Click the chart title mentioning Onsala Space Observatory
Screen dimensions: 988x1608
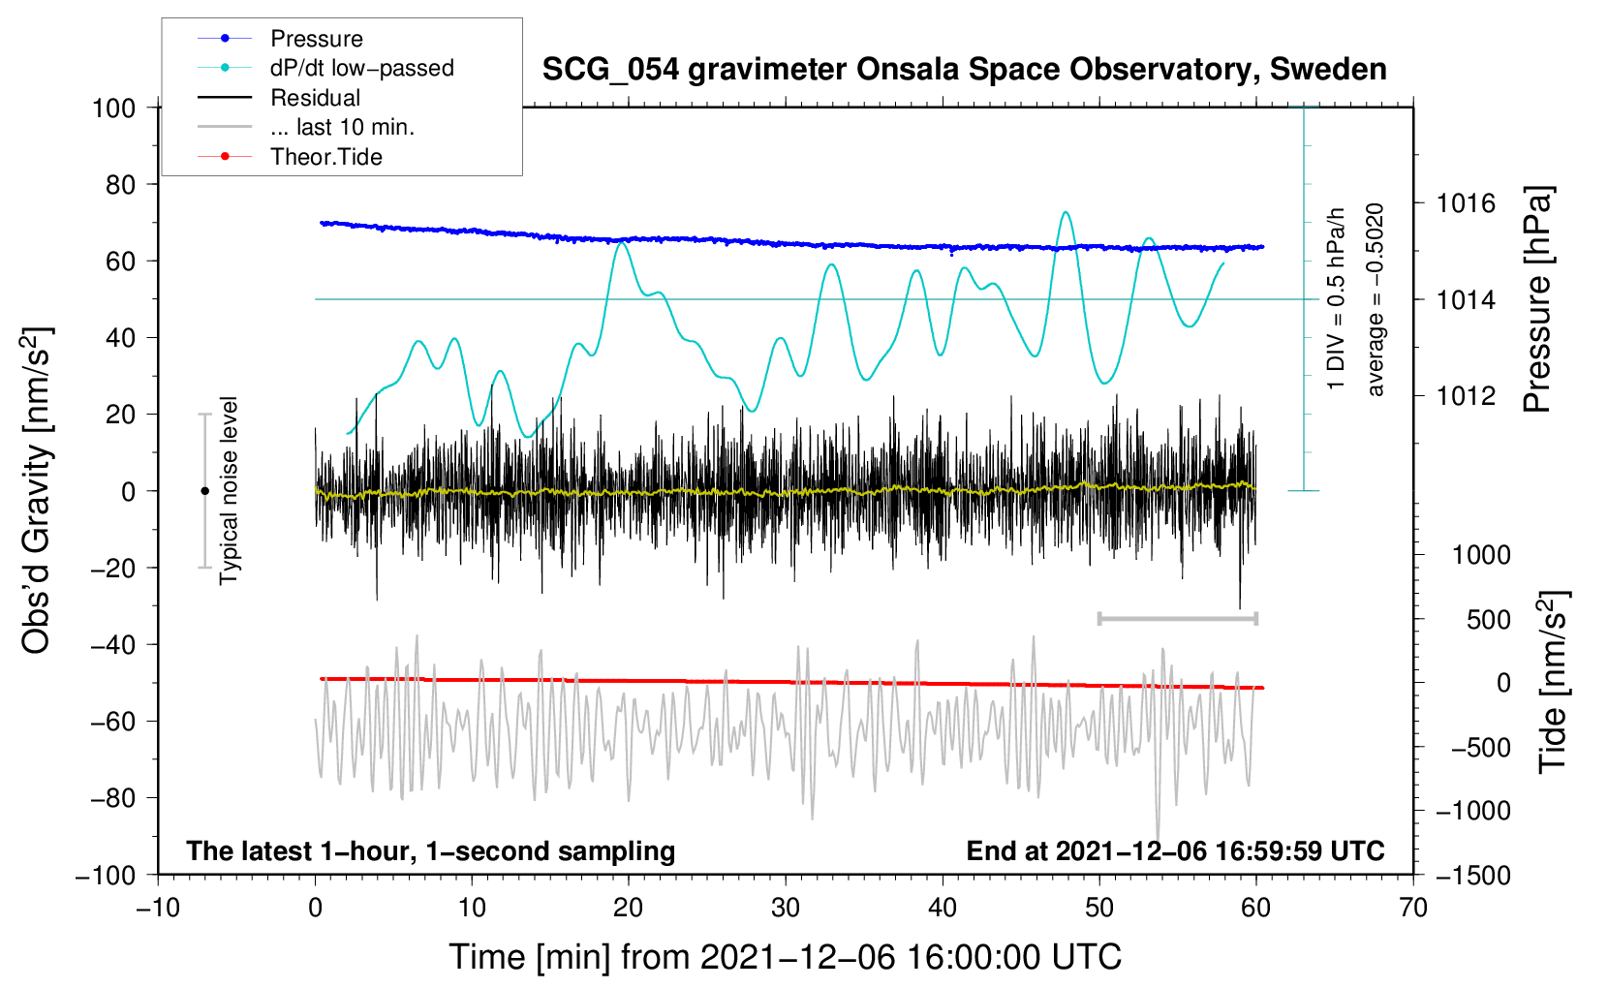[x=964, y=70]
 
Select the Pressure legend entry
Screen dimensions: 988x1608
[x=316, y=39]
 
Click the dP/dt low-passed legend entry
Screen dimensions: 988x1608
[x=361, y=68]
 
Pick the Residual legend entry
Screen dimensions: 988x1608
[x=315, y=98]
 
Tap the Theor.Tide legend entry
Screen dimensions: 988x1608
[x=325, y=157]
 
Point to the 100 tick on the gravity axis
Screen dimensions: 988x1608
[x=113, y=108]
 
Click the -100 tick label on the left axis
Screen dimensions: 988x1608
[x=106, y=875]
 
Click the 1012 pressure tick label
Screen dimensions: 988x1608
[x=1466, y=395]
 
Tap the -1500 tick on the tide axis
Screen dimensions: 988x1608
[x=1472, y=875]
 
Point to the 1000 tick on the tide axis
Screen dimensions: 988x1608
[x=1481, y=555]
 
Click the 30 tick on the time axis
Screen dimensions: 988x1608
[x=786, y=908]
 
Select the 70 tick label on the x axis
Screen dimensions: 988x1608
[x=1413, y=908]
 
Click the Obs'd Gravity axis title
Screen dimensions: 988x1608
[x=37, y=490]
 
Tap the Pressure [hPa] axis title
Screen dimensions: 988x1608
[x=1537, y=299]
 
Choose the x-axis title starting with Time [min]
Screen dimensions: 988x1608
[x=786, y=957]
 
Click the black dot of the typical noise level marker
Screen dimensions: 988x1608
[x=204, y=491]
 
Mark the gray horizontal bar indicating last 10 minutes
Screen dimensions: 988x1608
[x=1177, y=618]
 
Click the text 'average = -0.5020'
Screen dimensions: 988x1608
[x=1375, y=299]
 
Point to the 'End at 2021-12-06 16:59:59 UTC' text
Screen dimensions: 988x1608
[x=1175, y=850]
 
